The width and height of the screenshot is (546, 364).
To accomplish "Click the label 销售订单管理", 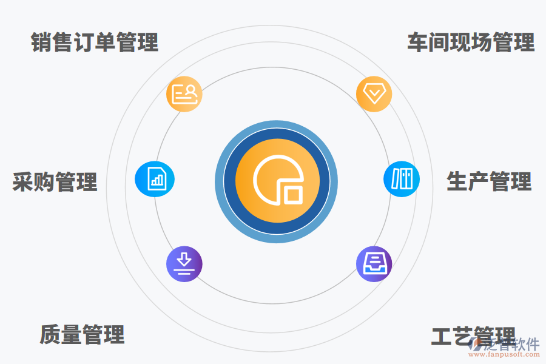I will pos(95,42).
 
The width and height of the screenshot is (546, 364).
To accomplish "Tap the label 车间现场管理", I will pos(471,42).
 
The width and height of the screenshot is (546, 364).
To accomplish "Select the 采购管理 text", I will pos(55,182).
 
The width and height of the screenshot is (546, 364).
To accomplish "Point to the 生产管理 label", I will pos(489,181).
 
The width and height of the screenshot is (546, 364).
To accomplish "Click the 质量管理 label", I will pos(83,334).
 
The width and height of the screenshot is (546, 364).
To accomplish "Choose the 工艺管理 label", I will pos(473,335).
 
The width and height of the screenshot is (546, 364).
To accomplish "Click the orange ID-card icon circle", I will pos(184,94).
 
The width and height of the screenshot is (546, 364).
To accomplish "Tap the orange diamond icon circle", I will pos(374,94).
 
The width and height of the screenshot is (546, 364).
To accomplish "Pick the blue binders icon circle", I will pos(402,179).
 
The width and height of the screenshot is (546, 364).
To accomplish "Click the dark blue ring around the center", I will pos(229,182).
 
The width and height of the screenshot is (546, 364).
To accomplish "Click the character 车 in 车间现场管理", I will pos(417,42).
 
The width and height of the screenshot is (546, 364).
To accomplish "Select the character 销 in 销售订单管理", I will pos(42,42).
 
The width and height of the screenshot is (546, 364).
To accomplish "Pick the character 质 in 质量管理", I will pos(50,334).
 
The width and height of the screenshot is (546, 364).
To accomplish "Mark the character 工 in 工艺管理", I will pos(442,335).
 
